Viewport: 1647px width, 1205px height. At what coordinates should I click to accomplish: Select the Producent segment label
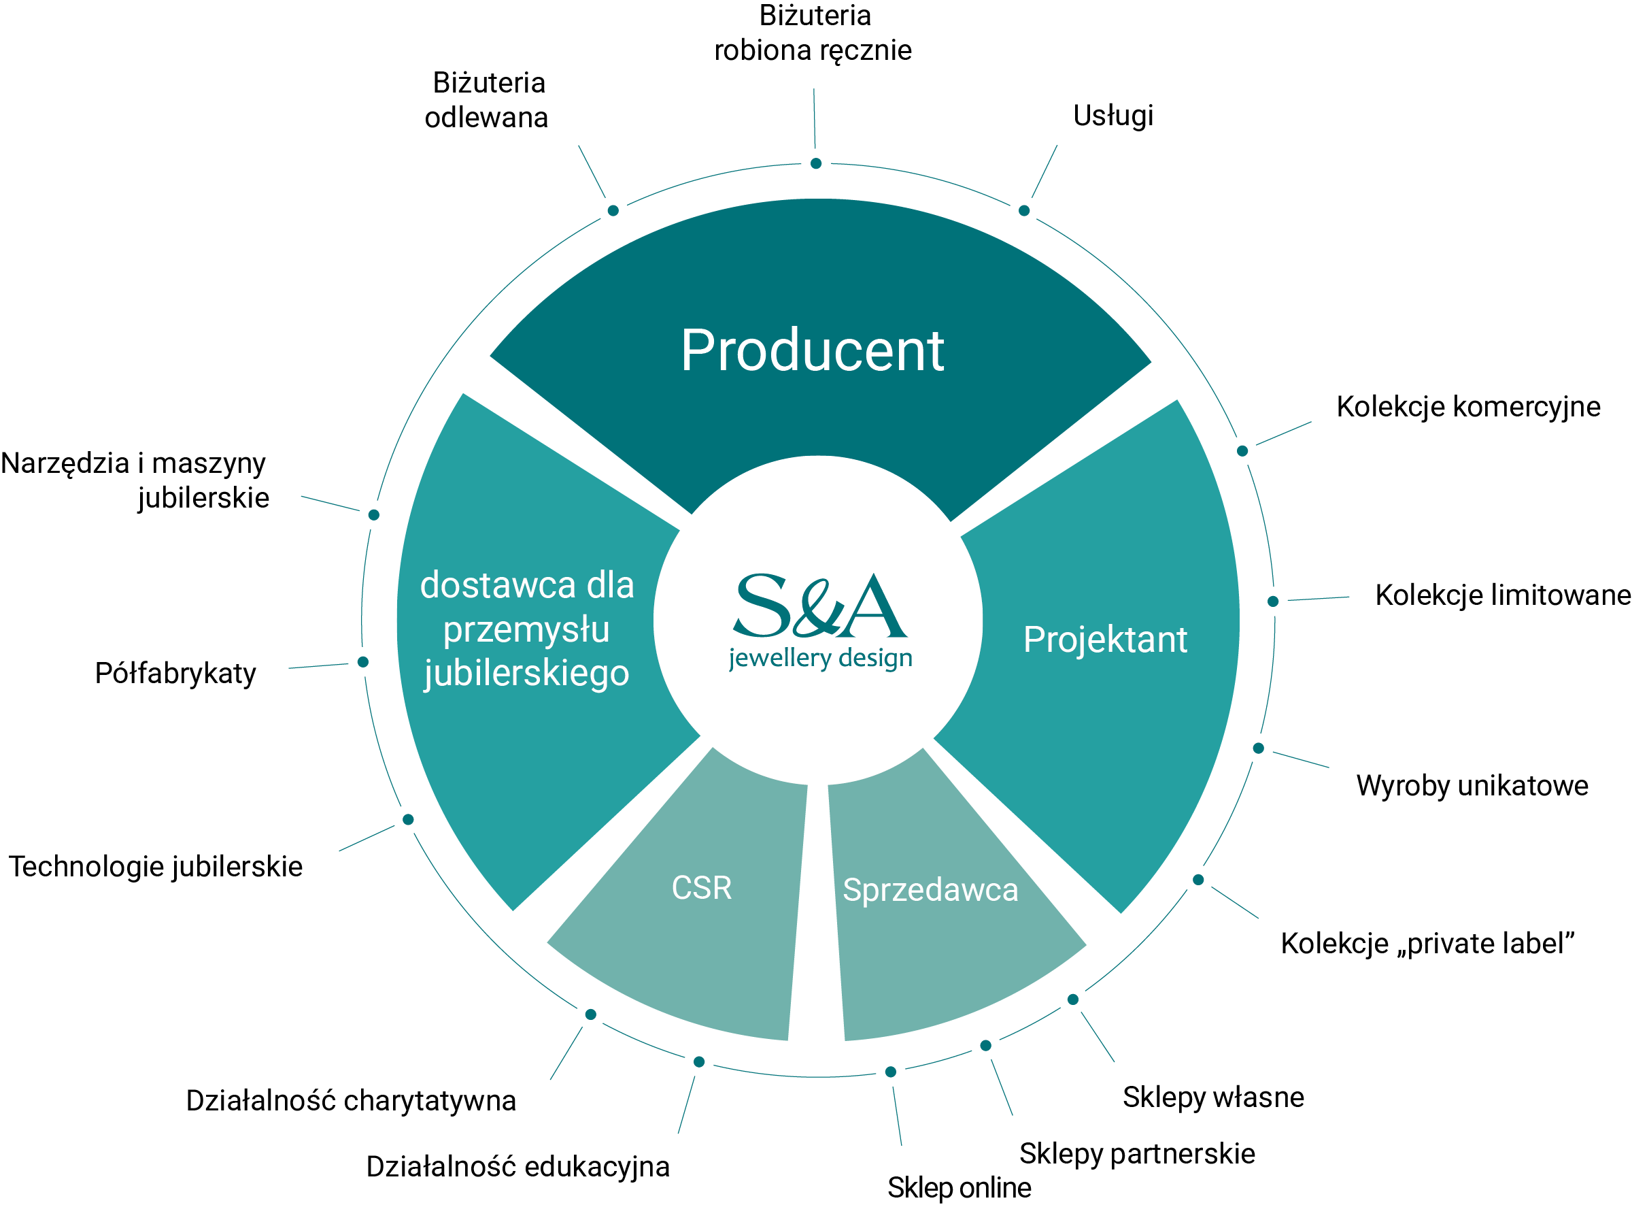click(x=812, y=351)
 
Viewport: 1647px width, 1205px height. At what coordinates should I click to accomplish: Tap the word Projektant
click(x=1104, y=640)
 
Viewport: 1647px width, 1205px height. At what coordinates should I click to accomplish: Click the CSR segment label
click(x=701, y=888)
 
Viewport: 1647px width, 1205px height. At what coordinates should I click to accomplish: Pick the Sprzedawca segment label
click(x=930, y=890)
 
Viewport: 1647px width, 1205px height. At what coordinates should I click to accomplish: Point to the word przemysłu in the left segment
click(x=526, y=629)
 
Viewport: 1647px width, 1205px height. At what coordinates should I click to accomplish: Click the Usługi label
click(x=1113, y=115)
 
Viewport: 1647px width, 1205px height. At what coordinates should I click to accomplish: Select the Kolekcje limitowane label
click(x=1502, y=595)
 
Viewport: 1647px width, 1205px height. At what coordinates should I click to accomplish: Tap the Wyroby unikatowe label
click(x=1472, y=786)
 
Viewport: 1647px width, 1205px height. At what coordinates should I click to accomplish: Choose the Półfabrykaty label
click(x=175, y=673)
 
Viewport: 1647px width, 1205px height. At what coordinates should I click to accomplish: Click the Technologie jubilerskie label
click(x=155, y=867)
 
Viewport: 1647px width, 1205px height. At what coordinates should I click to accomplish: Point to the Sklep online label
click(x=959, y=1187)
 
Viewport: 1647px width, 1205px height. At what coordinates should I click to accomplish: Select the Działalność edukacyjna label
click(x=517, y=1166)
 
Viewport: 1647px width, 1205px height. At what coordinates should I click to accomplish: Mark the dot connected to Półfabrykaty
click(x=363, y=662)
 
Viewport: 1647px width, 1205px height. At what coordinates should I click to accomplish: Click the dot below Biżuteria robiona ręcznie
click(x=816, y=163)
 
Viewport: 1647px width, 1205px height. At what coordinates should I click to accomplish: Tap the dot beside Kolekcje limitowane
click(x=1273, y=601)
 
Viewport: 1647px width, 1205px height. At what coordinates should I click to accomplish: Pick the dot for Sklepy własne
click(x=1072, y=1000)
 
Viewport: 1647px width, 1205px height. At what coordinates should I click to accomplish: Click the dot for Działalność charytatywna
click(x=590, y=1014)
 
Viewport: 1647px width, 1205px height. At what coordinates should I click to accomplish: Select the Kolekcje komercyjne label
click(x=1467, y=406)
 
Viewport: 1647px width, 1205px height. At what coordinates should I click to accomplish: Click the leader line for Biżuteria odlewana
click(x=592, y=171)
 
